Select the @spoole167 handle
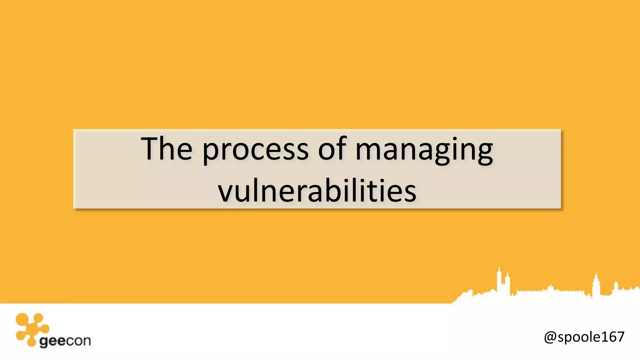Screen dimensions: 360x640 [584, 337]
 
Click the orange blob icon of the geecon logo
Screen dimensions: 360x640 [31, 328]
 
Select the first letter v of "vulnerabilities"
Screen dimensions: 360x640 [227, 192]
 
